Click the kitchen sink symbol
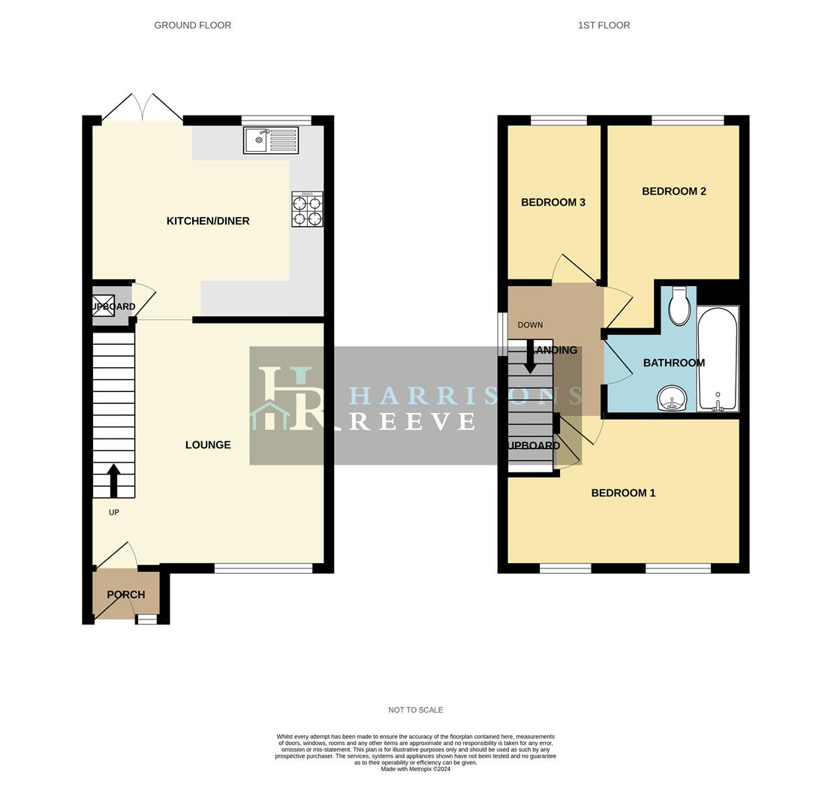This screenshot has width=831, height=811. tap(270, 140)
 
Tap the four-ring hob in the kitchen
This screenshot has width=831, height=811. tap(307, 210)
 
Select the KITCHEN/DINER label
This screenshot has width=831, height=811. tap(208, 221)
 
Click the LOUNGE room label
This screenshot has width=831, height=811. tap(208, 445)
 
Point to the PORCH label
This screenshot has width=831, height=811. tap(125, 595)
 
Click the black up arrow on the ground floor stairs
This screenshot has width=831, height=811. tap(113, 480)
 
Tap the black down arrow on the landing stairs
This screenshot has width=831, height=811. tap(530, 357)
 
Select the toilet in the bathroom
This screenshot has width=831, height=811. tap(679, 306)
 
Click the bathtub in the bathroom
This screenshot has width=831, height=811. tap(718, 358)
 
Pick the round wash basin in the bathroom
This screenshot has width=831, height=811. tap(672, 398)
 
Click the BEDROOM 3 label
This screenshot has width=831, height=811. tap(553, 202)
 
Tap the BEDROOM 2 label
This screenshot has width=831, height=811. tap(673, 191)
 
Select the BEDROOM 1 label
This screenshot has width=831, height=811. tap(623, 493)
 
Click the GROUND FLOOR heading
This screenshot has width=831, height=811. tap(193, 26)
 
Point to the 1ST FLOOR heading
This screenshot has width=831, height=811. tap(604, 26)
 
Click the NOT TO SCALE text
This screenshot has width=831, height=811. tap(415, 710)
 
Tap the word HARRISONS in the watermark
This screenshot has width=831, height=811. tap(466, 395)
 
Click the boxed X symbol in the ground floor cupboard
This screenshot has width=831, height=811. tap(103, 306)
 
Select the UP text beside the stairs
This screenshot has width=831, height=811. tap(114, 513)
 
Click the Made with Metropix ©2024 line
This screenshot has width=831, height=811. tap(415, 769)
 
